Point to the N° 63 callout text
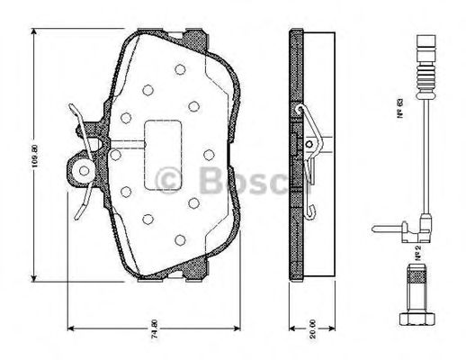(x=396, y=113)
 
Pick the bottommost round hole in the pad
(x=180, y=239)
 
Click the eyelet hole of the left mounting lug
(x=84, y=168)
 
